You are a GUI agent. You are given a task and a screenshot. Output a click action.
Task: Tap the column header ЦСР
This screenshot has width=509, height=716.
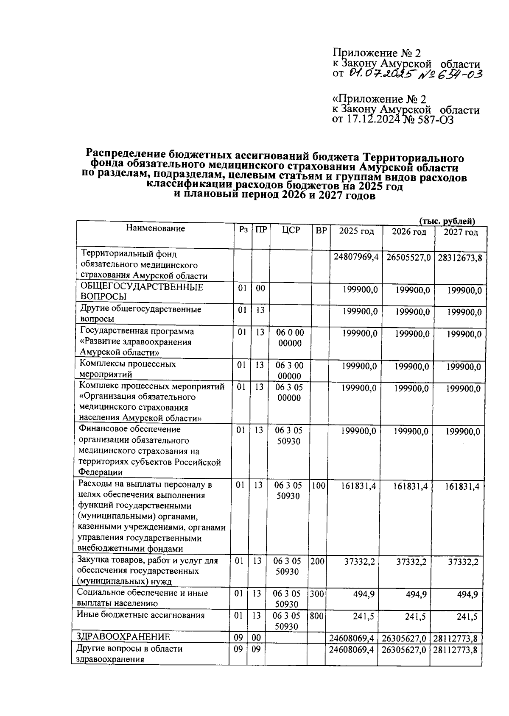[291, 230]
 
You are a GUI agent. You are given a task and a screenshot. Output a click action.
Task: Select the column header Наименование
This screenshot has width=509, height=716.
[155, 228]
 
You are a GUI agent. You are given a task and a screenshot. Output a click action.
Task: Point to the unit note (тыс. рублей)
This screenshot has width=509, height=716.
[447, 221]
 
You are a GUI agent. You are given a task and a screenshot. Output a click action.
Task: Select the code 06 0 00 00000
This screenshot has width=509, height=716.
[290, 338]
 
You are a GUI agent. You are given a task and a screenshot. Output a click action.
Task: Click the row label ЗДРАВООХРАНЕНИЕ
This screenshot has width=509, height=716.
[123, 637]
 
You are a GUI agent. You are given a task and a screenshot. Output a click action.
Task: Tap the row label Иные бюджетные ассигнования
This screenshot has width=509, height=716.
[140, 615]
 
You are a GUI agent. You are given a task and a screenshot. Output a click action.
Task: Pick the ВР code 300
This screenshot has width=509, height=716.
[316, 594]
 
